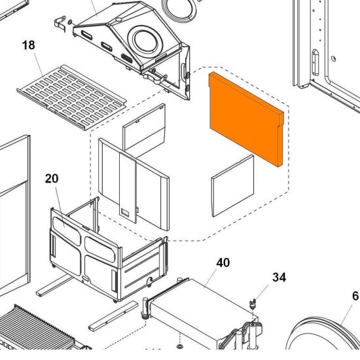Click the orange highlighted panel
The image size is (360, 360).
coord(245,119)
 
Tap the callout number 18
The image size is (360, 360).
coord(29,45)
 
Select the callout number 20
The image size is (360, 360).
coord(52,179)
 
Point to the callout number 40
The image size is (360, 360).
coord(223,262)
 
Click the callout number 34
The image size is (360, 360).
coord(279,277)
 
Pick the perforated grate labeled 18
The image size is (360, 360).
coord(71,97)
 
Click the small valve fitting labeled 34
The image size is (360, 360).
coord(253,304)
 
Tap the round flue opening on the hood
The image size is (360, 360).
coord(145,41)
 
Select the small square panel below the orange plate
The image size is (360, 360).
coord(233,186)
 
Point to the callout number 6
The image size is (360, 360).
coord(355,296)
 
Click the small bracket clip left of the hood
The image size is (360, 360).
coord(60,24)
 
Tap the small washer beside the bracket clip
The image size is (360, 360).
coord(70,22)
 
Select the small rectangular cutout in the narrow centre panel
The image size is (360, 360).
coord(126,211)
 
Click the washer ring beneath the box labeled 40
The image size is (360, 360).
coord(179,346)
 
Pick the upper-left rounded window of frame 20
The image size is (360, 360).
coord(67,230)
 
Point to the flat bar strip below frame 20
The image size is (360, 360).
coord(113,316)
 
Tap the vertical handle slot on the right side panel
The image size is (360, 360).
coord(315,62)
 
